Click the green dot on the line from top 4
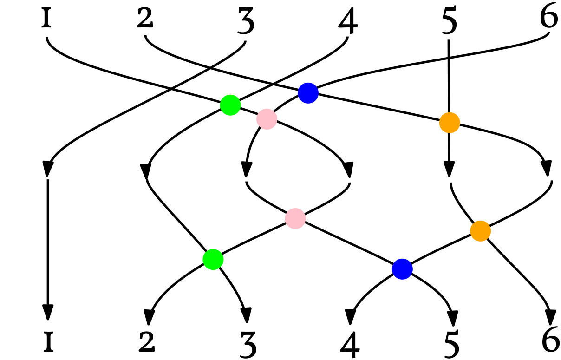click(230, 105)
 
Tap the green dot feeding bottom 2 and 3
click(213, 259)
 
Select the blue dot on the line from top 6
click(308, 93)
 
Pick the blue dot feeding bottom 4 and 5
click(402, 269)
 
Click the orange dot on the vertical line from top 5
click(450, 123)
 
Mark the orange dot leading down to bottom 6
click(480, 231)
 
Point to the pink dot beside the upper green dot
click(267, 119)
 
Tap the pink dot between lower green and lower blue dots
click(295, 218)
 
